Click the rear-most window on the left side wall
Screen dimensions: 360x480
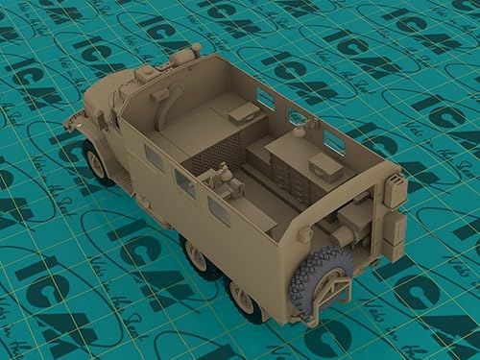click(220, 211)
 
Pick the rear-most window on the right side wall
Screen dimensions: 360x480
click(333, 141)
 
